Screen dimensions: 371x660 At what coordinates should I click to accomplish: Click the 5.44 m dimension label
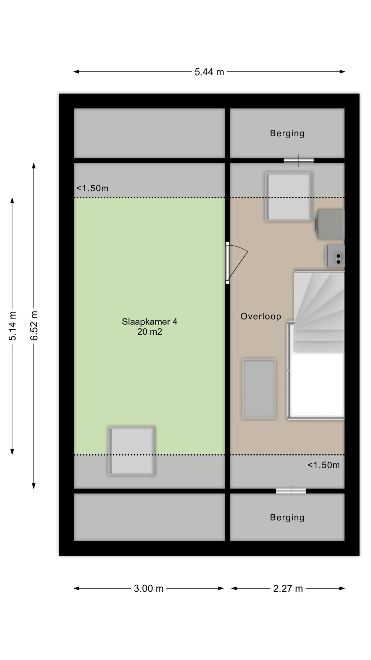pos(209,72)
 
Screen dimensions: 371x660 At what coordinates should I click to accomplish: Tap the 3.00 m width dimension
pos(149,588)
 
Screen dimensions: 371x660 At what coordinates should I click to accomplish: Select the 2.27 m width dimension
pos(288,588)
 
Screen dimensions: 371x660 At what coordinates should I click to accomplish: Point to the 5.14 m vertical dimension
pos(12,326)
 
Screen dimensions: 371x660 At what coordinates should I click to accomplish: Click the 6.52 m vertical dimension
pos(34,326)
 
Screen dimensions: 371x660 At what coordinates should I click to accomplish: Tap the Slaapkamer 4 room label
pos(149,321)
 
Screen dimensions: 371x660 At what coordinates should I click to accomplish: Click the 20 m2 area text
pos(149,332)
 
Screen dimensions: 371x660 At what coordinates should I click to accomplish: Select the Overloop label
pos(260,316)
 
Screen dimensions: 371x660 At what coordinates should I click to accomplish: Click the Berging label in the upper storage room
pos(287,133)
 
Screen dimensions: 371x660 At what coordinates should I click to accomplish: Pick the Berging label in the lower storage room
pos(287,517)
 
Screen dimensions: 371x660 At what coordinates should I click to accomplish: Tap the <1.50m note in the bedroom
pos(92,188)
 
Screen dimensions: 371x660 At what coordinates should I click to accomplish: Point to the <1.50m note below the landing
pos(324,465)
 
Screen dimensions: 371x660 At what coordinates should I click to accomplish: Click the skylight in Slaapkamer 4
pos(131,451)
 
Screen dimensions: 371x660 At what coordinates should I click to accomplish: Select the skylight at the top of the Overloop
pos(288,196)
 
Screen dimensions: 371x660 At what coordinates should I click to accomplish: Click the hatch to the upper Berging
pos(299,161)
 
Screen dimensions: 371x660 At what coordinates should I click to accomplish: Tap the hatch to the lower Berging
pos(291,491)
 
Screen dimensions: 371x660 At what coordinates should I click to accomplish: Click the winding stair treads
pos(319,312)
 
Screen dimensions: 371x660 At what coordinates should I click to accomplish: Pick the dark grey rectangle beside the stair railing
pos(259,389)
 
